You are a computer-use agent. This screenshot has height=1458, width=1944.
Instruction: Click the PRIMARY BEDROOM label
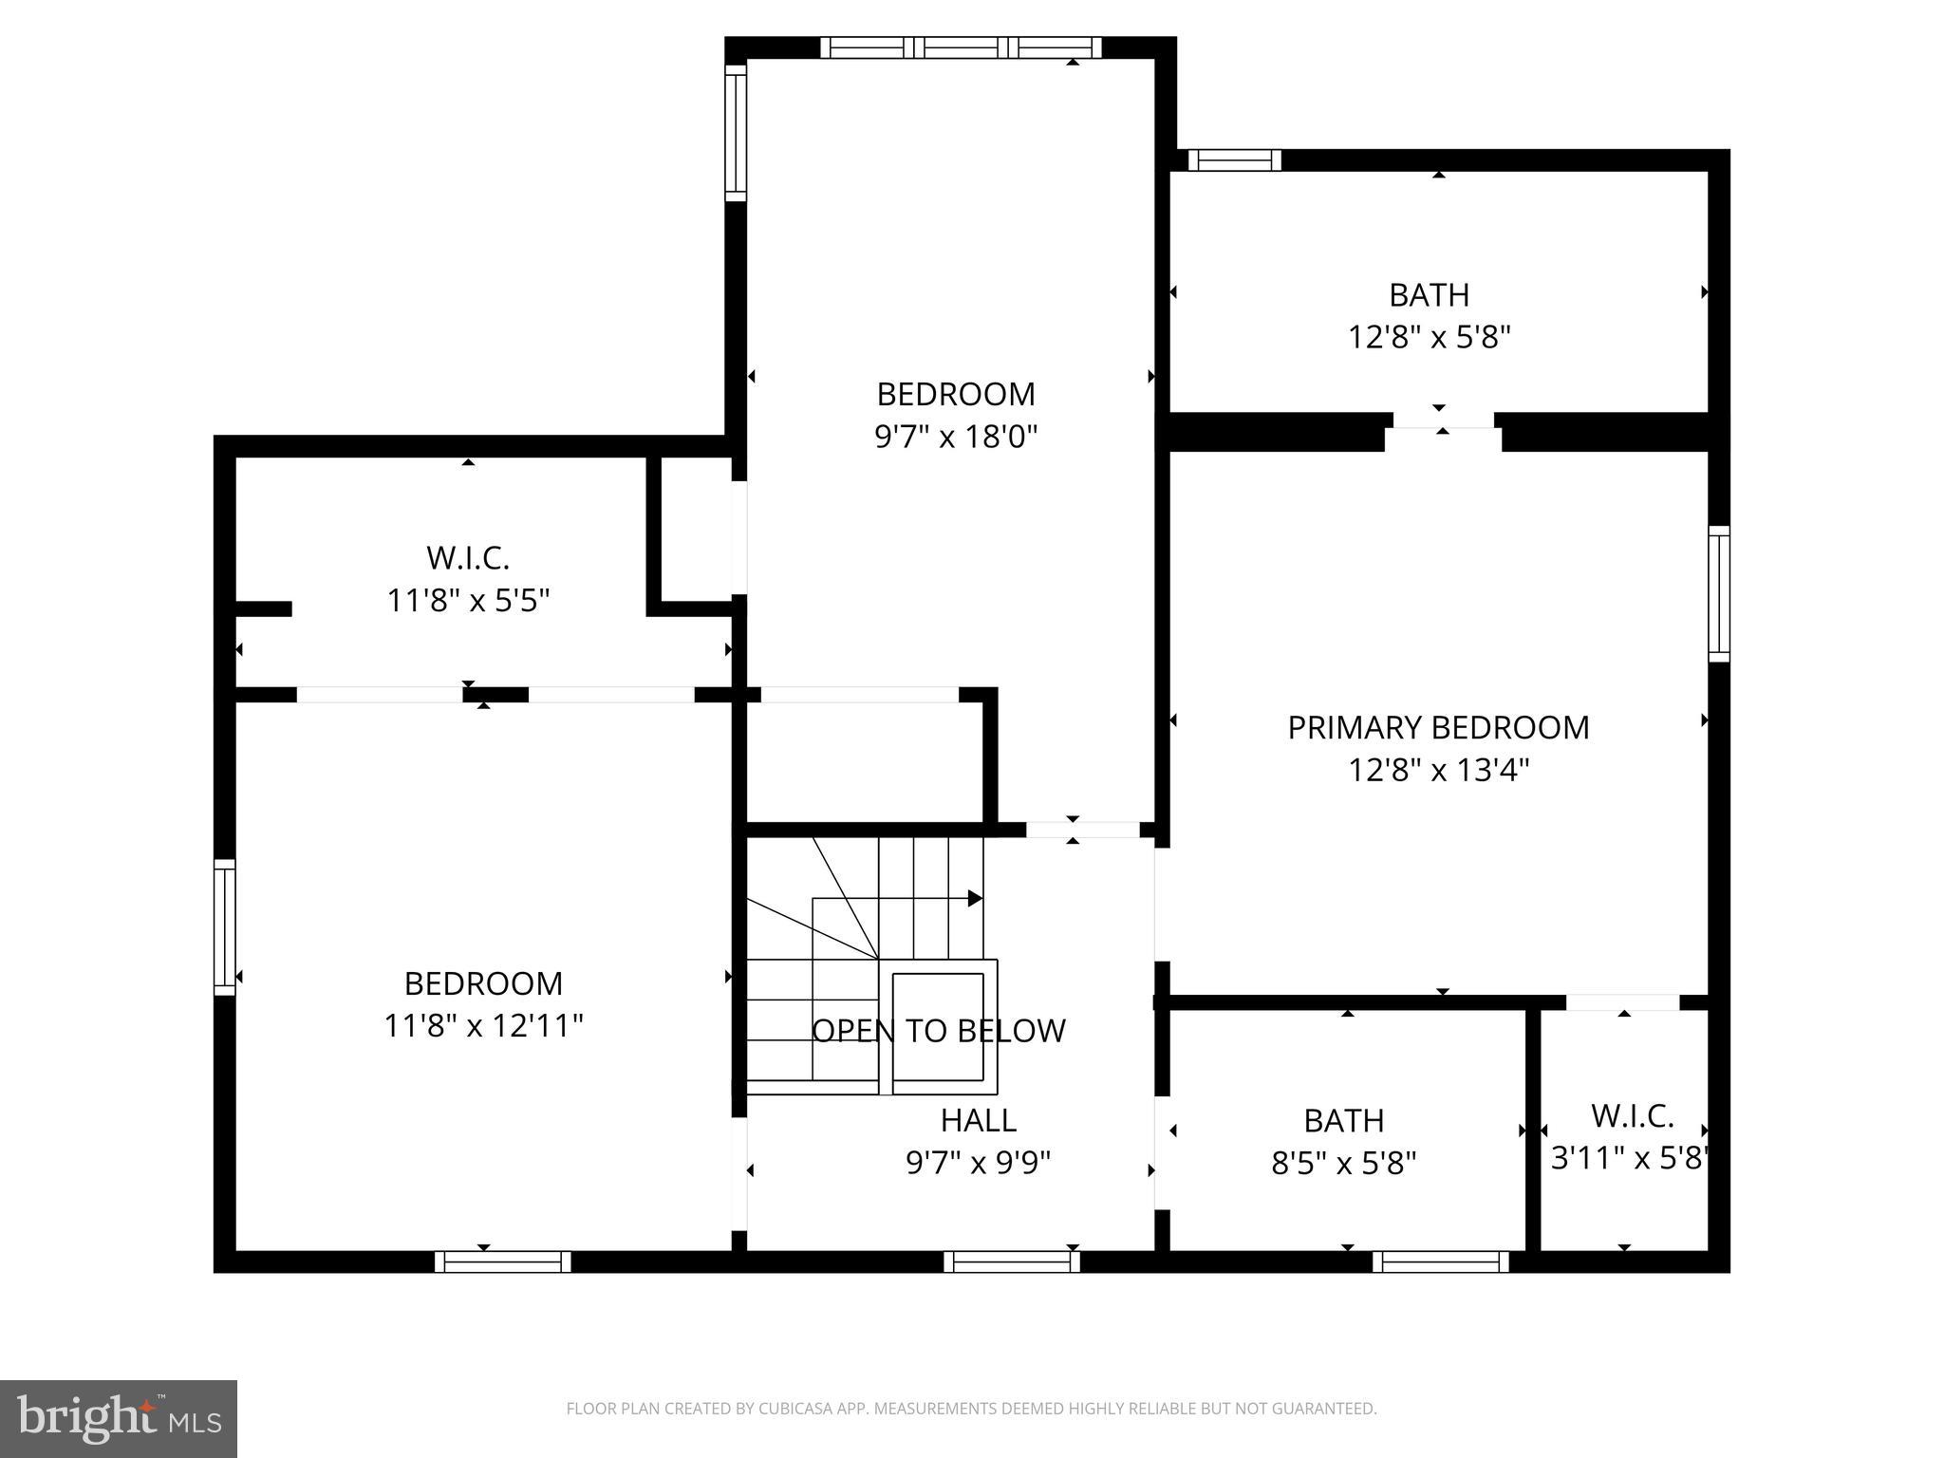point(1437,727)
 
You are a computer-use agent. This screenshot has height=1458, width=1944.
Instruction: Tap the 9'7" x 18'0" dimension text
point(955,437)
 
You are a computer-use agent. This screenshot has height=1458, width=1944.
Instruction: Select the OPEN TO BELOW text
point(938,1031)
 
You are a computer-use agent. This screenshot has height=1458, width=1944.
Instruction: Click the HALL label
point(978,1120)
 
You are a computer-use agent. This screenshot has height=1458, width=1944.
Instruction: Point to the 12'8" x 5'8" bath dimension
point(1429,337)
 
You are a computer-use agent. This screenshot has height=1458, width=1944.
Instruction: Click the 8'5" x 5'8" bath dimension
point(1343,1163)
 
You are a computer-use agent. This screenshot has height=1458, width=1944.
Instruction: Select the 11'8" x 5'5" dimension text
point(468,601)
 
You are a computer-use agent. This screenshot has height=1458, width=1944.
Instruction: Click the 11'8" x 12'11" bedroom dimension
point(483,1026)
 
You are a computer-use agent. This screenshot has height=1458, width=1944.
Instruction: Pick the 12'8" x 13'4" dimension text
point(1438,770)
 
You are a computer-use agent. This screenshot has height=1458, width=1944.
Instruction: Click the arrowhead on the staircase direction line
point(975,898)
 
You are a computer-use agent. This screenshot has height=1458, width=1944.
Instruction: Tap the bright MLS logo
point(118,1418)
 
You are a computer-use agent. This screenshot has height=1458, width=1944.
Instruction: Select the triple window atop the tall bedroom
point(961,47)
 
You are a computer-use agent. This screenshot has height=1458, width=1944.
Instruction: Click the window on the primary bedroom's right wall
point(1718,593)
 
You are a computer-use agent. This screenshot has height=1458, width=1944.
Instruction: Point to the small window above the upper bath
point(1234,160)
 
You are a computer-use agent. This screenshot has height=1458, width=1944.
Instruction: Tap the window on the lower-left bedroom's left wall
point(224,927)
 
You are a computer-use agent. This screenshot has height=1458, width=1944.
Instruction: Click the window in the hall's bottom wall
point(1012,1262)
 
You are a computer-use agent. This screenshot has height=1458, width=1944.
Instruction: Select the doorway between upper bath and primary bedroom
point(1443,421)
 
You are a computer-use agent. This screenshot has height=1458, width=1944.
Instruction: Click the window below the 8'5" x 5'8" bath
point(1440,1262)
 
